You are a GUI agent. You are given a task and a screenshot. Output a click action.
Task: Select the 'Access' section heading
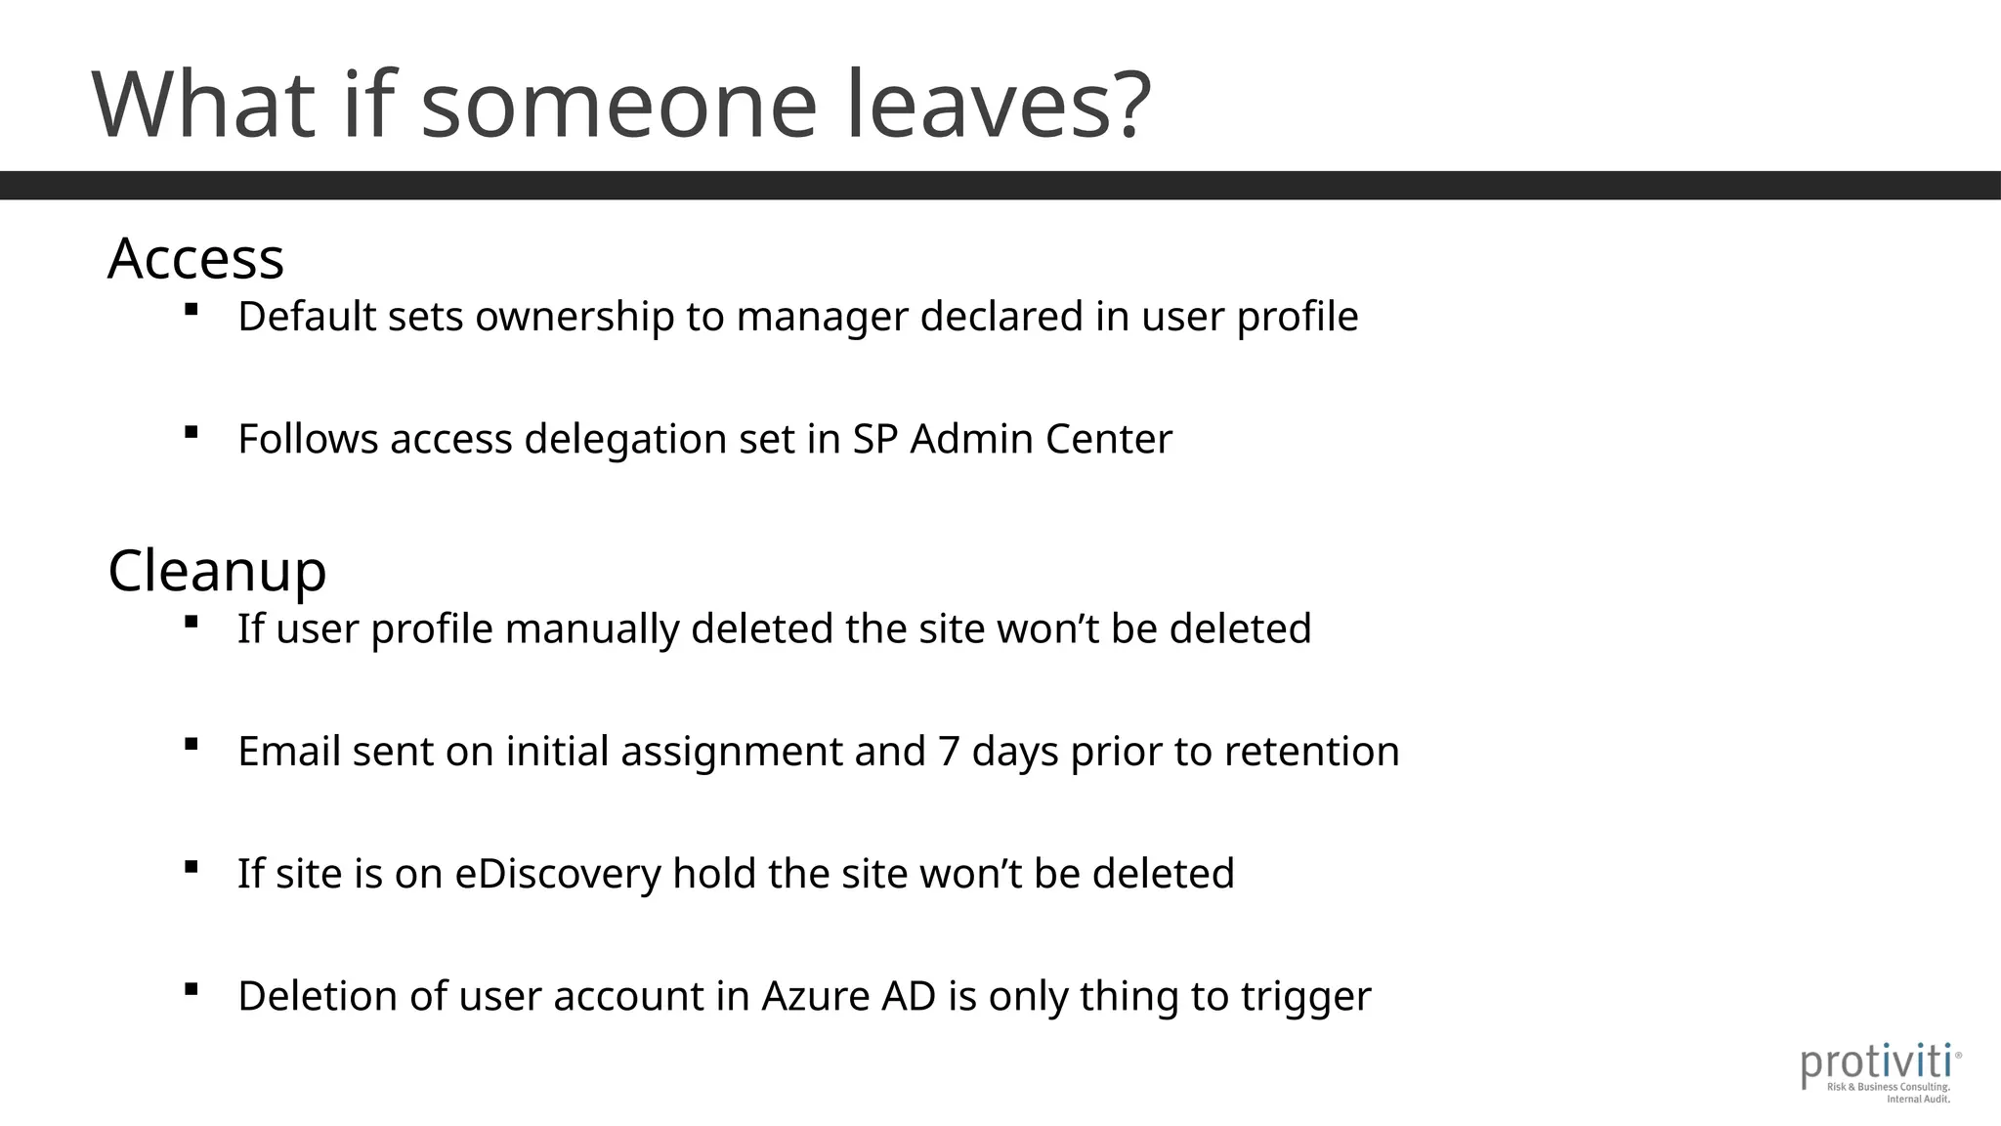click(x=195, y=259)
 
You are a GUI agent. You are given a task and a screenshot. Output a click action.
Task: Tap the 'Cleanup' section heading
click(x=217, y=571)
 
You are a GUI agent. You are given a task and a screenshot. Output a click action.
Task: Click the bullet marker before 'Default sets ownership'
click(x=192, y=310)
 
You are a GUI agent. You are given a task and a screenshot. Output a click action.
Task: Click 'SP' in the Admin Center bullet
click(x=874, y=439)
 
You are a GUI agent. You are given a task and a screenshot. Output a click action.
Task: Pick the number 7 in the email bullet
click(x=948, y=752)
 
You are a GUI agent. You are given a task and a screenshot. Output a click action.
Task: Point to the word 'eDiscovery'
click(x=558, y=874)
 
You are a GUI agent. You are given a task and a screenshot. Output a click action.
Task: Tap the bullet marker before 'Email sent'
click(x=192, y=745)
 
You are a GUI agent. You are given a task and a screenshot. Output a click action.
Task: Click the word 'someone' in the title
click(x=618, y=106)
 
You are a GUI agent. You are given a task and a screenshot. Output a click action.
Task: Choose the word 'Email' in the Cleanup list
click(x=289, y=752)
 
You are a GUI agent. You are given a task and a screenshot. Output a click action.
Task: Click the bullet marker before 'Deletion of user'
click(x=192, y=990)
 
